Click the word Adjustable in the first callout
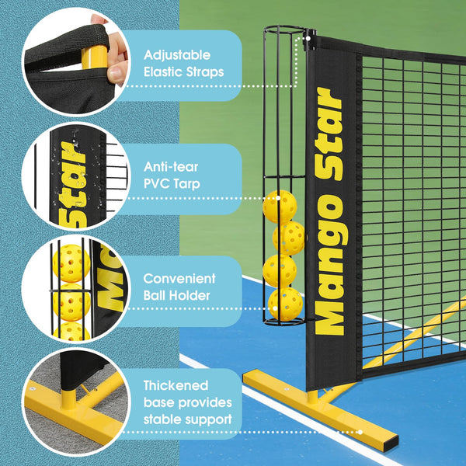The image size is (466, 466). click(176, 56)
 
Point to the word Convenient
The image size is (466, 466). click(180, 278)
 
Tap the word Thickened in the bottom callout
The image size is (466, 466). click(175, 385)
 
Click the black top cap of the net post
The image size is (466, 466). click(308, 36)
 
